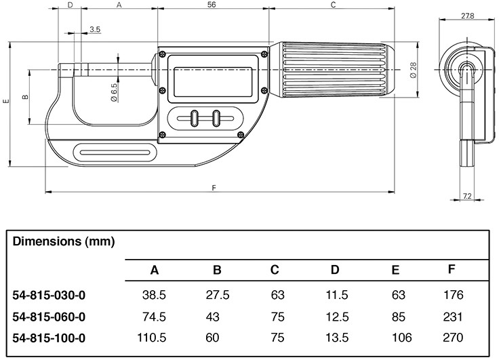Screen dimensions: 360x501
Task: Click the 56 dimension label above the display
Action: (212, 5)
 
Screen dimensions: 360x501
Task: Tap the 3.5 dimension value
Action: (95, 30)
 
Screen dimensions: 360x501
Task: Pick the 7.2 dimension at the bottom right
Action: (467, 196)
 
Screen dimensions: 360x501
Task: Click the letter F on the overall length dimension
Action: (214, 187)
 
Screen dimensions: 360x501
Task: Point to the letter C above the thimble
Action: (333, 5)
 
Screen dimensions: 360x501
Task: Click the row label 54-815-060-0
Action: (50, 317)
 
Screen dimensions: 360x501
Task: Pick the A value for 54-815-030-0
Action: (154, 296)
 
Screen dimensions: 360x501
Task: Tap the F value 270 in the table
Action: (452, 337)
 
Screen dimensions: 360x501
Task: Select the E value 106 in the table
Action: (395, 337)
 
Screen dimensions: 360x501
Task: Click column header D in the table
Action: (334, 270)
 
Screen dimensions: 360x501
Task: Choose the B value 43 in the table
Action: (217, 317)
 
